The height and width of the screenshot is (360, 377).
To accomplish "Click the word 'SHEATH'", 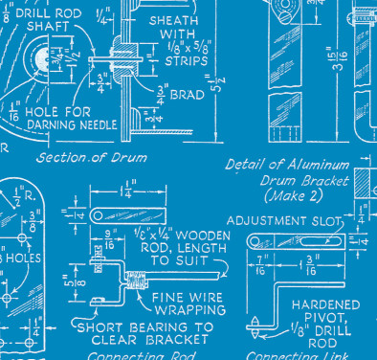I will point(172,18).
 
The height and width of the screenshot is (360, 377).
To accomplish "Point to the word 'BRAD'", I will point(188,94).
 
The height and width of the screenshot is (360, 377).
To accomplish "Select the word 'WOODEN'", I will point(202,233).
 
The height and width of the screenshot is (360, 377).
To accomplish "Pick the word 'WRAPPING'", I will point(192,310).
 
